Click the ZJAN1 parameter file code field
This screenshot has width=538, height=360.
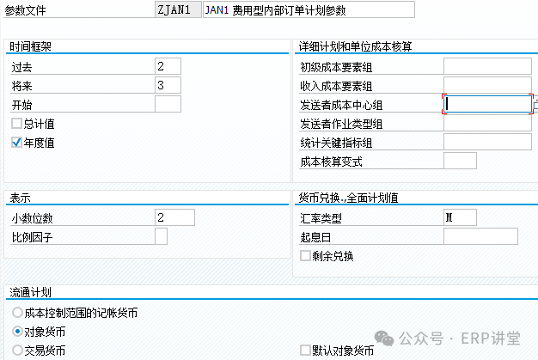(178, 9)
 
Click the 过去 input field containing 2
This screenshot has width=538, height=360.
(168, 66)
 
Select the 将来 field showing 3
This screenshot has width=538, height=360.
(168, 85)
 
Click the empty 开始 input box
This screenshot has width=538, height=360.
(168, 104)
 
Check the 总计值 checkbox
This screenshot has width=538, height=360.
(16, 123)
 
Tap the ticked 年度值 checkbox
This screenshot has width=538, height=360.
(16, 142)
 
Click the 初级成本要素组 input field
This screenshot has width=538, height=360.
(487, 66)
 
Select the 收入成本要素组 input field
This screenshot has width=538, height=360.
(487, 85)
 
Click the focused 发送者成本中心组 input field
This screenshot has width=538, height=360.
(487, 104)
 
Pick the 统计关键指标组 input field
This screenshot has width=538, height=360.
(487, 142)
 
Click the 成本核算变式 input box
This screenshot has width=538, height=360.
(460, 161)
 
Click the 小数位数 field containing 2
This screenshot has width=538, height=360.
(174, 217)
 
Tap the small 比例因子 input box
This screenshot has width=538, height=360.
(161, 236)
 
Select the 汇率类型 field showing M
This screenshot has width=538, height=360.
(460, 217)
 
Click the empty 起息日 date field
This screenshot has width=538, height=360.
(480, 236)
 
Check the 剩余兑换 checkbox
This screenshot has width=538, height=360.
(305, 255)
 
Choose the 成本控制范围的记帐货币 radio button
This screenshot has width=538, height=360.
(17, 313)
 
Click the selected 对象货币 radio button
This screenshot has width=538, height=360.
(17, 332)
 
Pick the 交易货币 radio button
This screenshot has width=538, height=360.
(17, 351)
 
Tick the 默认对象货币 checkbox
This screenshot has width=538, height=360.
(305, 351)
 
